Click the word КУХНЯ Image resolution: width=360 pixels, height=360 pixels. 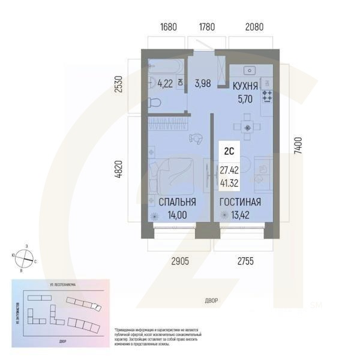tap(245, 86)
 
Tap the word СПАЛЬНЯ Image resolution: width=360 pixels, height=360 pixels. tap(176, 202)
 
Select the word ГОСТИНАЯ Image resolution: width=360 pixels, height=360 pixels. tap(239, 202)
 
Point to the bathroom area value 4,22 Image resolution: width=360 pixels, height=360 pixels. tap(165, 84)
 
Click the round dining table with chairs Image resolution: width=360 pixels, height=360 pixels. tap(245, 127)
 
